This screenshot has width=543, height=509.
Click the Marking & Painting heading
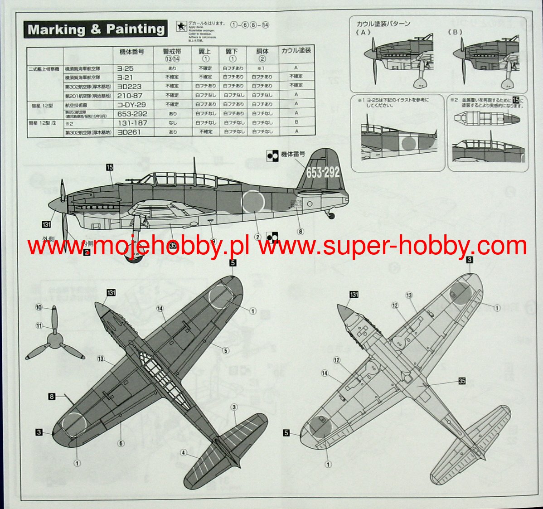96,29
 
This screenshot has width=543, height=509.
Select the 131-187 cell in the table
132,123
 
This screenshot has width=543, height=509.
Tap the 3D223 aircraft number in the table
129,86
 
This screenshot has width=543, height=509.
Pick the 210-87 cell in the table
130,96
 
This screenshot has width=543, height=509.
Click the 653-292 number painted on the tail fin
323,172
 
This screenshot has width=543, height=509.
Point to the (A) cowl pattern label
363,32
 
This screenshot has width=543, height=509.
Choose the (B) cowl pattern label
455,32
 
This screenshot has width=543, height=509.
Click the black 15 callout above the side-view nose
109,167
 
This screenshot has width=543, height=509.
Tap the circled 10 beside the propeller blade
39,308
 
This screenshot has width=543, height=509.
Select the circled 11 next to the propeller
39,325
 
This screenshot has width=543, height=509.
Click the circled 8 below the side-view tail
300,231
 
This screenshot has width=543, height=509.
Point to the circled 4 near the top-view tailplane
183,452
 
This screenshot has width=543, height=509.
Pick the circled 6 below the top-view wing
121,443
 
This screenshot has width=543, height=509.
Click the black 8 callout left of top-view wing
52,397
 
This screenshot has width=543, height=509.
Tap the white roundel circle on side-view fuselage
253,202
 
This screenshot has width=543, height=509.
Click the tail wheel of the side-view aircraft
332,216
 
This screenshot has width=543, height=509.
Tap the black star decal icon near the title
180,27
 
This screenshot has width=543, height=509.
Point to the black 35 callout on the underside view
461,381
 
